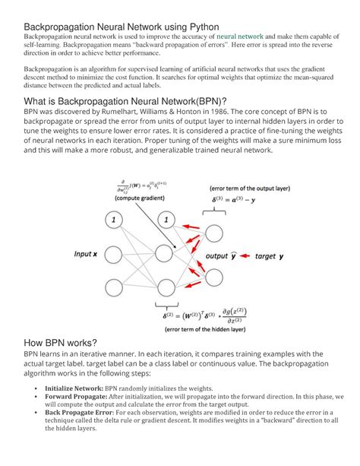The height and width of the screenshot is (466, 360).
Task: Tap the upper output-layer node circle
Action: pyautogui.click(x=215, y=233)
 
